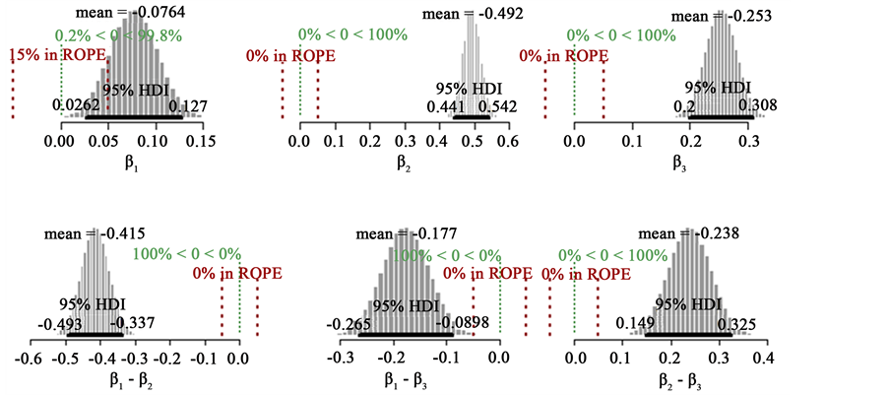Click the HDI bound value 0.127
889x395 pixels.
click(x=186, y=106)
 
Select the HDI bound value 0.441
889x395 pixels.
click(x=446, y=106)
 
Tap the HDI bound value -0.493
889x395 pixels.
click(x=60, y=324)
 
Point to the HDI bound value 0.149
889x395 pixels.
click(x=634, y=324)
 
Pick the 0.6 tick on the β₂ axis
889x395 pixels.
click(x=507, y=142)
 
